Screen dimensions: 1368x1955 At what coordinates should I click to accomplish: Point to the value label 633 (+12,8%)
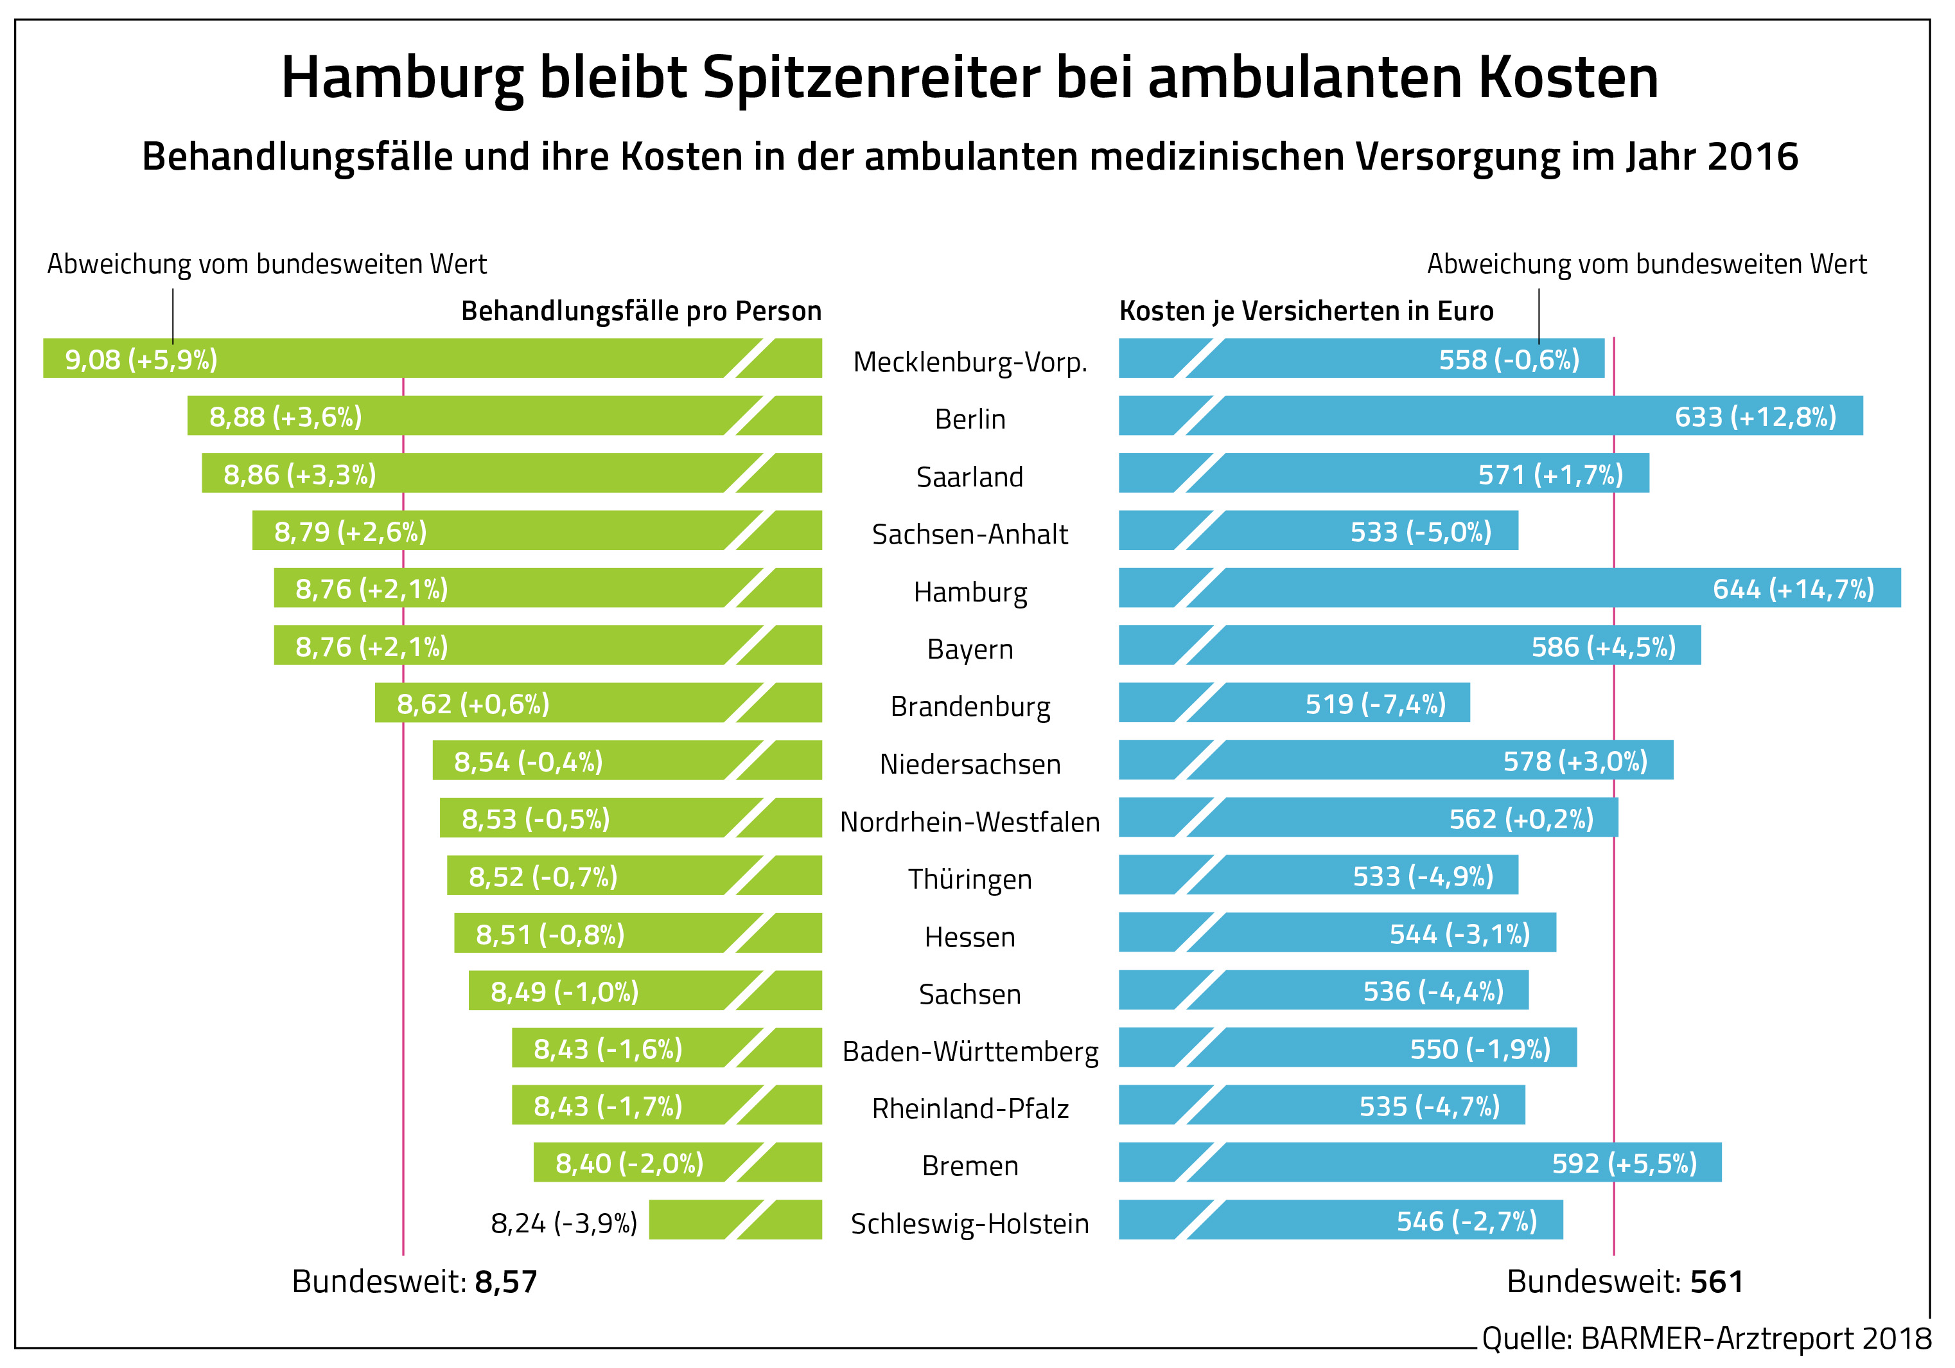[x=1755, y=416]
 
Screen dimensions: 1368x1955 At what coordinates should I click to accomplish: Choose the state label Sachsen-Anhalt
[x=970, y=534]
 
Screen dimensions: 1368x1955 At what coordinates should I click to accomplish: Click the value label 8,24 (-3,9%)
[x=564, y=1223]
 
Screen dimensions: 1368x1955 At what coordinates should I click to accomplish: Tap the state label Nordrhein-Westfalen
[x=970, y=822]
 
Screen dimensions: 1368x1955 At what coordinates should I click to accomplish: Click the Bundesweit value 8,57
[x=506, y=1282]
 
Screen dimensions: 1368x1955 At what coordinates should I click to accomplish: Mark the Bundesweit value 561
[x=1717, y=1282]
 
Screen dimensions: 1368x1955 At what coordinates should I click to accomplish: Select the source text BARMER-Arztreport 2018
[x=1756, y=1338]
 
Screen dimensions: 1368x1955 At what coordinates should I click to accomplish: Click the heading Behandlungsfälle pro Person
[x=641, y=311]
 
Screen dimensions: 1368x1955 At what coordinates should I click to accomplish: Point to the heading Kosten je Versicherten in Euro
[x=1306, y=311]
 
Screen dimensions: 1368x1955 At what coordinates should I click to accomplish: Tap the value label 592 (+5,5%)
[x=1624, y=1164]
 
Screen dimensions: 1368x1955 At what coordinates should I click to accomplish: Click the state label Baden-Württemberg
[x=970, y=1051]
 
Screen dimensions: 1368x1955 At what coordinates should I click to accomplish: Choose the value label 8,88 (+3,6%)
[x=286, y=416]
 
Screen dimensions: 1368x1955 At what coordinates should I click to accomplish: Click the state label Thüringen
[x=970, y=879]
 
